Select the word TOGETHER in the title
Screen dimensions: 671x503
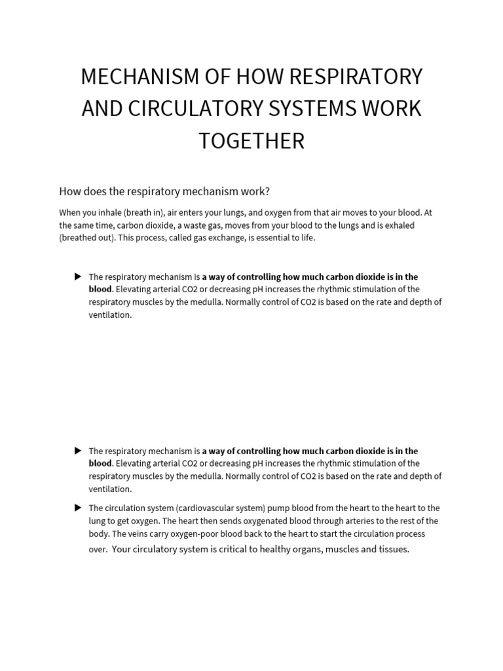[251, 140]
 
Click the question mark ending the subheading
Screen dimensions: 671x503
[267, 191]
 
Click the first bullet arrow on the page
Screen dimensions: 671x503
[78, 277]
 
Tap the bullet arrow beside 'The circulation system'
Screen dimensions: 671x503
[78, 508]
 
